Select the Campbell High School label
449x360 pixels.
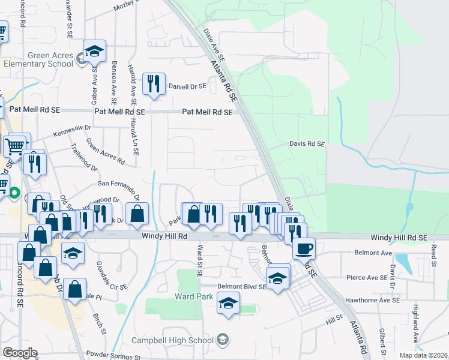(173, 340)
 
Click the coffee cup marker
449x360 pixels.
(304, 247)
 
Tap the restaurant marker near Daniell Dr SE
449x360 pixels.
(154, 85)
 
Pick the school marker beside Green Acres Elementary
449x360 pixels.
(95, 52)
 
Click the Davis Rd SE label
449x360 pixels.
(307, 144)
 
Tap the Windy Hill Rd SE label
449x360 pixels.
(399, 238)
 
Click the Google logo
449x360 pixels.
(20, 353)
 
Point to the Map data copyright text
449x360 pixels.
(424, 355)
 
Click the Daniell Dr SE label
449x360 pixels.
(187, 86)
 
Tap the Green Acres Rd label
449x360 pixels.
(105, 152)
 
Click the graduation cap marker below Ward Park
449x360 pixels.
(228, 304)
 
